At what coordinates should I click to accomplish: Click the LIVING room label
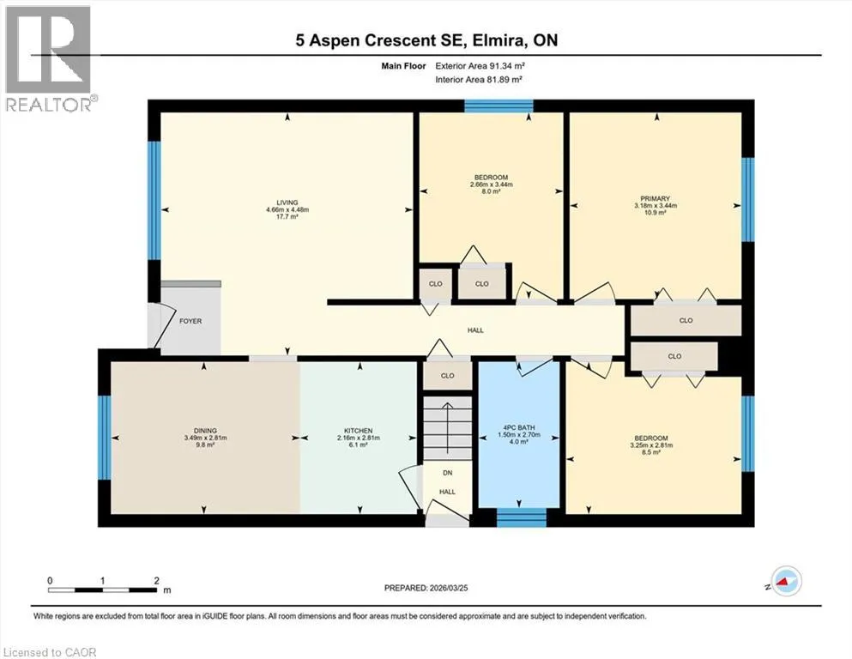pyautogui.click(x=287, y=203)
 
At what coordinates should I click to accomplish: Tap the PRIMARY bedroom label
pyautogui.click(x=655, y=199)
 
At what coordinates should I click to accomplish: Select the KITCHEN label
pyautogui.click(x=358, y=431)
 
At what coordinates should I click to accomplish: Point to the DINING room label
pyautogui.click(x=205, y=431)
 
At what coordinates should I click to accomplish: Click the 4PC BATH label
pyautogui.click(x=519, y=428)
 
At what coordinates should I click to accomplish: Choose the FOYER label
pyautogui.click(x=190, y=321)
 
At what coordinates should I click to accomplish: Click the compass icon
pyautogui.click(x=786, y=581)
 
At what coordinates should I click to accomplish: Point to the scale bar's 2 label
pyautogui.click(x=156, y=580)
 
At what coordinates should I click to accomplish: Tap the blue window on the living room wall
pyautogui.click(x=154, y=201)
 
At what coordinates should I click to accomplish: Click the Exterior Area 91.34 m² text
pyautogui.click(x=480, y=66)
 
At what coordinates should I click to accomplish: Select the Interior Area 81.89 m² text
pyautogui.click(x=479, y=79)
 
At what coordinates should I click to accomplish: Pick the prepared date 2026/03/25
pyautogui.click(x=448, y=588)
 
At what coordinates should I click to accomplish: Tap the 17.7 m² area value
pyautogui.click(x=287, y=216)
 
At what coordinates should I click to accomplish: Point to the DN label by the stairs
pyautogui.click(x=448, y=473)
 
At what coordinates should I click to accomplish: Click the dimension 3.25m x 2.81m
pyautogui.click(x=651, y=445)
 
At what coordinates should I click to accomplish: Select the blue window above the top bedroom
pyautogui.click(x=499, y=106)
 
